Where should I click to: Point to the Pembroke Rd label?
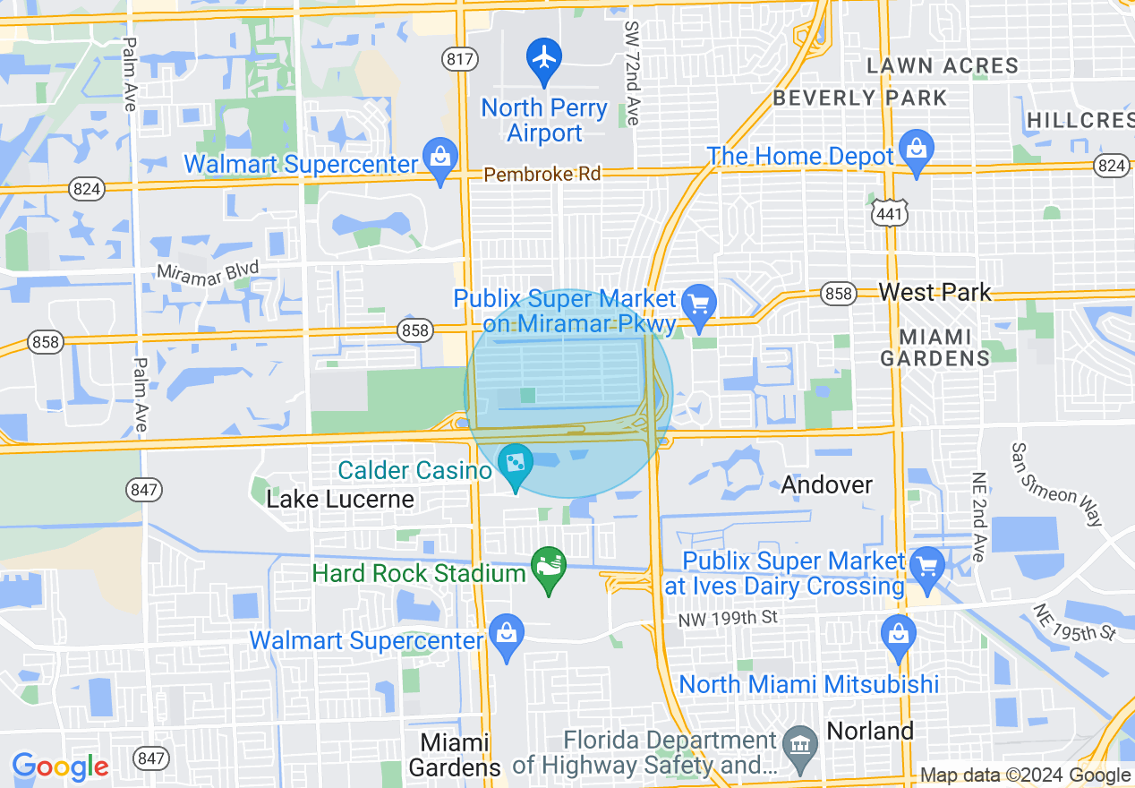pos(542,174)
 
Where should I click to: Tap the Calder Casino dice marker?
pos(516,464)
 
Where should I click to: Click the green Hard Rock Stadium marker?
pos(549,567)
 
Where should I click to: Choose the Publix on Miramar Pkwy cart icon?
pos(698,303)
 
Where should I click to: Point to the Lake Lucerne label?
pos(340,499)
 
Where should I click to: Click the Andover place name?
pos(826,484)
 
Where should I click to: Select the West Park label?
pos(934,292)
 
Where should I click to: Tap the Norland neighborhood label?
pos(870,730)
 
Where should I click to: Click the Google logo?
pos(60,767)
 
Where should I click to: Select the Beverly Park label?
pos(859,98)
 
